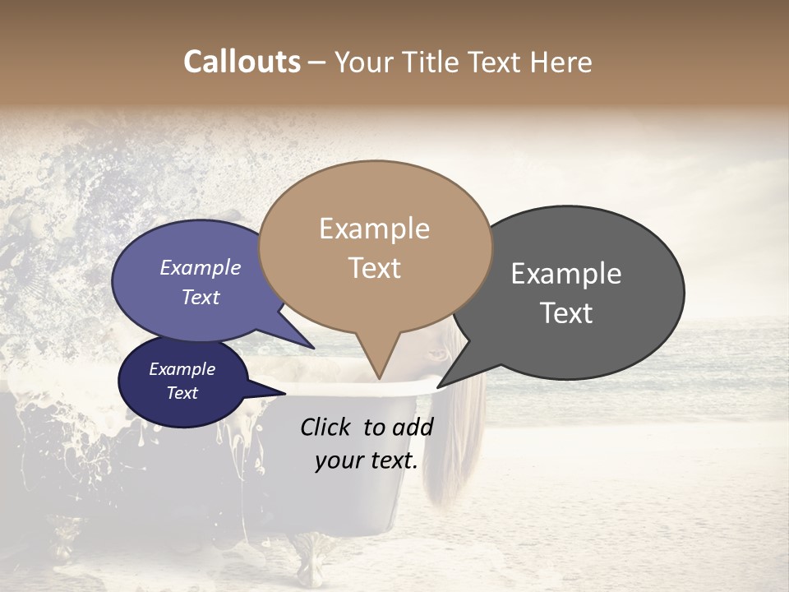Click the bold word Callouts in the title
pos(242,62)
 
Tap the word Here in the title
pos(561,62)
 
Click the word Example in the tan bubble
pos(374,229)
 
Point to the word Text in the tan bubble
pos(375,268)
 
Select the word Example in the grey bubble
pos(566,274)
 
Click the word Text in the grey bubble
pos(566,313)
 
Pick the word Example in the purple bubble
pos(201,268)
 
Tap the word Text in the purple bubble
pos(201,298)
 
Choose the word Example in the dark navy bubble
pos(182,369)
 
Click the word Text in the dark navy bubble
pos(182,393)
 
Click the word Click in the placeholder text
pos(327,427)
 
